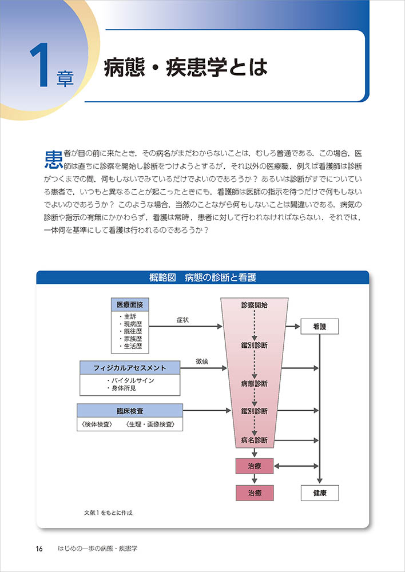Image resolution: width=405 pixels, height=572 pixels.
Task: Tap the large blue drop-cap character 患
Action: (x=53, y=159)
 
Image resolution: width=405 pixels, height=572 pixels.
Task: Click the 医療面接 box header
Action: (x=130, y=305)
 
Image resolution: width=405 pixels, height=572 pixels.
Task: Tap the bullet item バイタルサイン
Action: (x=130, y=380)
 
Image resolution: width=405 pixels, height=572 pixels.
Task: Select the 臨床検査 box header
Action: (x=130, y=410)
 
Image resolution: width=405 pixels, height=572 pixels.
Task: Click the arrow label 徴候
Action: (x=201, y=361)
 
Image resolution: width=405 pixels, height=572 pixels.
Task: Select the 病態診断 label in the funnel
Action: (x=254, y=383)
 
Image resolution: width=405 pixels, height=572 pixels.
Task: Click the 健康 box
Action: (x=320, y=492)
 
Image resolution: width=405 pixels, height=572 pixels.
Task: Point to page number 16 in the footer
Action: (x=39, y=549)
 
